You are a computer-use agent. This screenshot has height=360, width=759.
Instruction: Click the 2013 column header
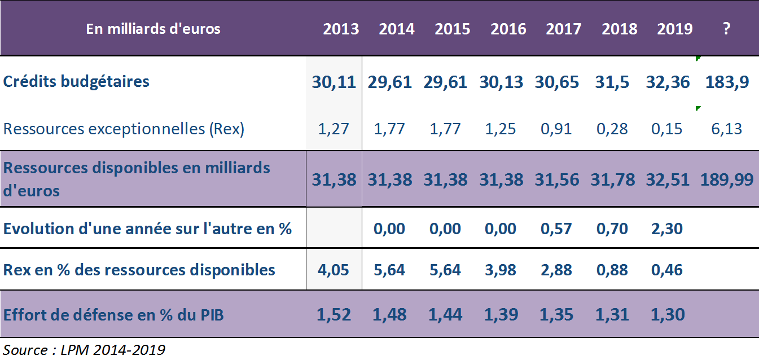pyautogui.click(x=341, y=29)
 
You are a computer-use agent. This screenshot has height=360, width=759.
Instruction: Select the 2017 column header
pyautogui.click(x=563, y=29)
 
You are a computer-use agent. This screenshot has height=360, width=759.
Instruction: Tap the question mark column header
pyautogui.click(x=726, y=29)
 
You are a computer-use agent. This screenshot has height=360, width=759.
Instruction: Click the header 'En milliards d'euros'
pyautogui.click(x=153, y=29)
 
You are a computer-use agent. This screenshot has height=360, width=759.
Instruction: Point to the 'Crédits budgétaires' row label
pyautogui.click(x=76, y=81)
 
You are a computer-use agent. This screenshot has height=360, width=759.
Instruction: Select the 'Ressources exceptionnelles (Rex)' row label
pyautogui.click(x=124, y=129)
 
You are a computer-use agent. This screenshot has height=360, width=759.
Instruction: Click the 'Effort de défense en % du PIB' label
pyautogui.click(x=113, y=314)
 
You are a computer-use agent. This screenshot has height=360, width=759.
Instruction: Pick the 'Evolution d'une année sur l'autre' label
pyautogui.click(x=147, y=229)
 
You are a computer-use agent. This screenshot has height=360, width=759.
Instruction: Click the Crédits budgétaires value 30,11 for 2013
pyautogui.click(x=334, y=82)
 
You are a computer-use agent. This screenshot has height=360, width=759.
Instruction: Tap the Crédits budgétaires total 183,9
pyautogui.click(x=727, y=82)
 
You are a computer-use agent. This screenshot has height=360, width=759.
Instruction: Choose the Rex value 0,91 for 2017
pyautogui.click(x=556, y=129)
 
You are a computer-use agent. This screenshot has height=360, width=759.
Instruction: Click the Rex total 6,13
pyautogui.click(x=727, y=129)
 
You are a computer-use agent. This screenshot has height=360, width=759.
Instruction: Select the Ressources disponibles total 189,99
pyautogui.click(x=727, y=179)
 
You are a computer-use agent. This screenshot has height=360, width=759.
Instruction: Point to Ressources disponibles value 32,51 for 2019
pyautogui.click(x=668, y=179)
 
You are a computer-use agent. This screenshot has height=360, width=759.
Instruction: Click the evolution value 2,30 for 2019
pyautogui.click(x=666, y=229)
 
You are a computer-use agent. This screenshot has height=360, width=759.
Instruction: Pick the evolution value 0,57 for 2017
pyautogui.click(x=556, y=229)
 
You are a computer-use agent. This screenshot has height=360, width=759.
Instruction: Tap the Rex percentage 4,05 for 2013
pyautogui.click(x=334, y=270)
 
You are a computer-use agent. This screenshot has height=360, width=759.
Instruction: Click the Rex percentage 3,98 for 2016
pyautogui.click(x=500, y=270)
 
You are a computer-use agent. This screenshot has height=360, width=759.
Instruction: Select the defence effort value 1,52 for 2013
pyautogui.click(x=334, y=314)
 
